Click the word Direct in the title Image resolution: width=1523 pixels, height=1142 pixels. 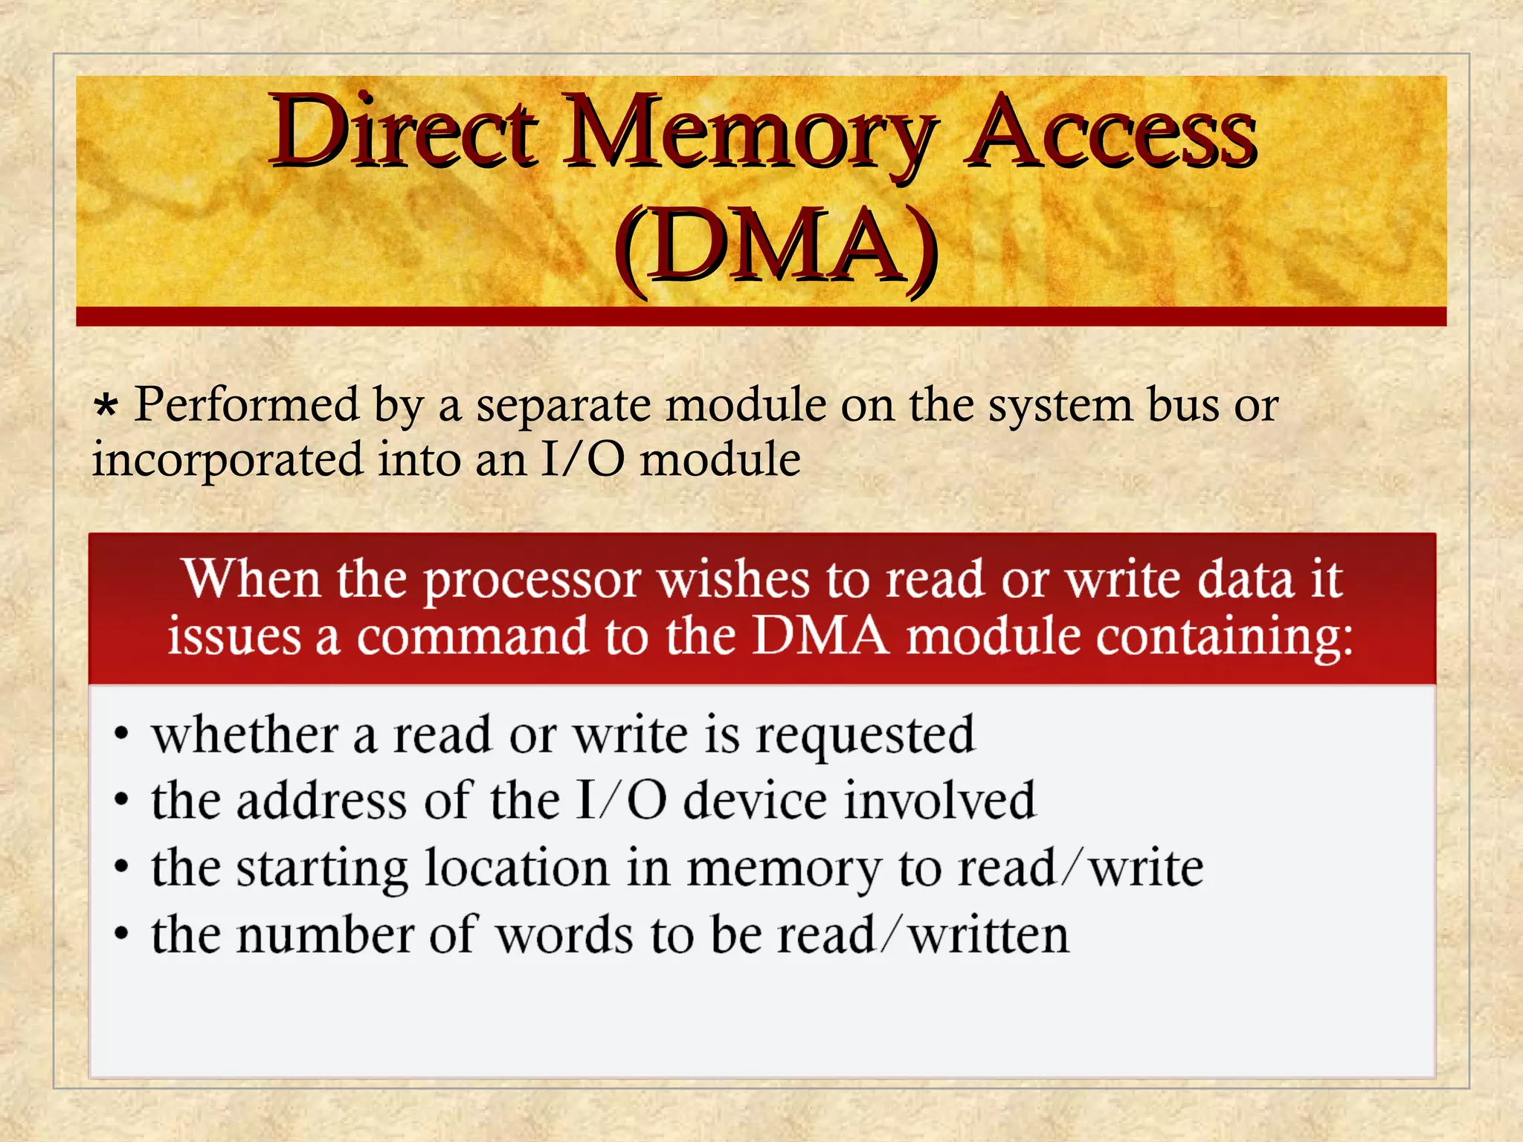tap(402, 132)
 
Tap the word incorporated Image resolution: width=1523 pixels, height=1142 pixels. tap(228, 459)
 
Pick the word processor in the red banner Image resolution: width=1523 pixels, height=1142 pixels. tap(532, 581)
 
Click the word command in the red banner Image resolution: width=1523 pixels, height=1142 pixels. tap(472, 637)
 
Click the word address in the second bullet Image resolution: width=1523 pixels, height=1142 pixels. tap(321, 801)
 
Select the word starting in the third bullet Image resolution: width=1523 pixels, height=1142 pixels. tap(321, 869)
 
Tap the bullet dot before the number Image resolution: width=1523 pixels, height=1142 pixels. tap(121, 935)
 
